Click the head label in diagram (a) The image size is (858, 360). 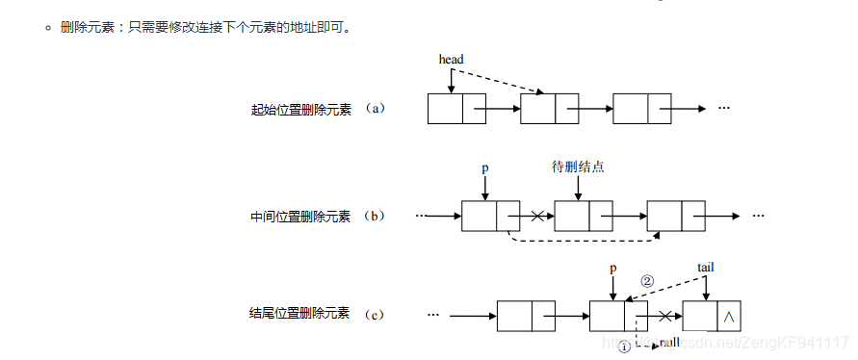tap(451, 60)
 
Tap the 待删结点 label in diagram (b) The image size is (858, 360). tap(578, 167)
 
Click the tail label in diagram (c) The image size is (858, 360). tap(705, 266)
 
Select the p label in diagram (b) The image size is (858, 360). tap(485, 167)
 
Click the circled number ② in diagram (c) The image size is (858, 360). tap(647, 281)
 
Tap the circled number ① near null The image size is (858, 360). tap(624, 345)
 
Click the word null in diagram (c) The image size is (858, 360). tap(670, 342)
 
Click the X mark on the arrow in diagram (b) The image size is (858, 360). tap(537, 216)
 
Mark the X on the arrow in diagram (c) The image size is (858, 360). tap(664, 315)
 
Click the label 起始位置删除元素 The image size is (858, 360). tap(300, 109)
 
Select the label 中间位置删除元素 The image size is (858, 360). tap(300, 217)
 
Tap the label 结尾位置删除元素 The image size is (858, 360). tap(300, 315)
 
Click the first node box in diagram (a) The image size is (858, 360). tap(456, 109)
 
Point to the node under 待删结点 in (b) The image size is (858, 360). tap(584, 216)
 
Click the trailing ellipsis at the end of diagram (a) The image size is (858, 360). tap(724, 108)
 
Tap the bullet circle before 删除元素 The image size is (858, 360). tap(47, 28)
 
